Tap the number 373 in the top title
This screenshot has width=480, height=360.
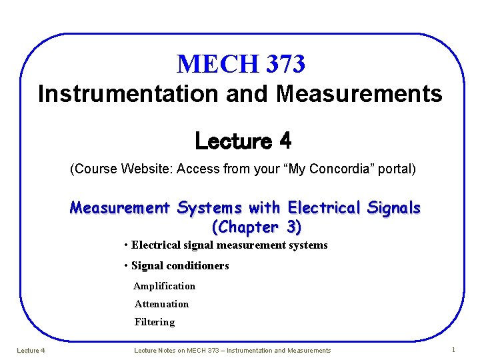(x=285, y=64)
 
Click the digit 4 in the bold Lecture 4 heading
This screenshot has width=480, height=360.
(x=285, y=141)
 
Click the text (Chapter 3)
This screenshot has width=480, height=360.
(x=256, y=227)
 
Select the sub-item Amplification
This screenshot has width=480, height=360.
(x=164, y=286)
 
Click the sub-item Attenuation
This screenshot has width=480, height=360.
(x=161, y=304)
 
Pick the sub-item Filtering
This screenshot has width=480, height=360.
(x=154, y=322)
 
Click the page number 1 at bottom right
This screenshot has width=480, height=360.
(x=453, y=350)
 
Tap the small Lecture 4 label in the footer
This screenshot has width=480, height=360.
(x=30, y=351)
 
